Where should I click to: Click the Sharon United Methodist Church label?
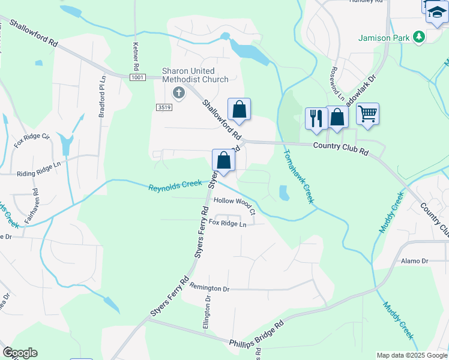pyautogui.click(x=195, y=75)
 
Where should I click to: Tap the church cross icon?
pyautogui.click(x=178, y=92)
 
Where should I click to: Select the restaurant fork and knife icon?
pyautogui.click(x=316, y=118)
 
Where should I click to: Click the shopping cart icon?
pyautogui.click(x=367, y=113)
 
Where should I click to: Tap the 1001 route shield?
pyautogui.click(x=137, y=77)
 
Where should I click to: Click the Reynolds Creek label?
pyautogui.click(x=175, y=187)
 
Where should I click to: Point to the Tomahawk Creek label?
pyautogui.click(x=298, y=176)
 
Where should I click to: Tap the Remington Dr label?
pyautogui.click(x=209, y=289)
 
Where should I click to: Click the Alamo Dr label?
pyautogui.click(x=415, y=261)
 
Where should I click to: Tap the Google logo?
pyautogui.click(x=20, y=353)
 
